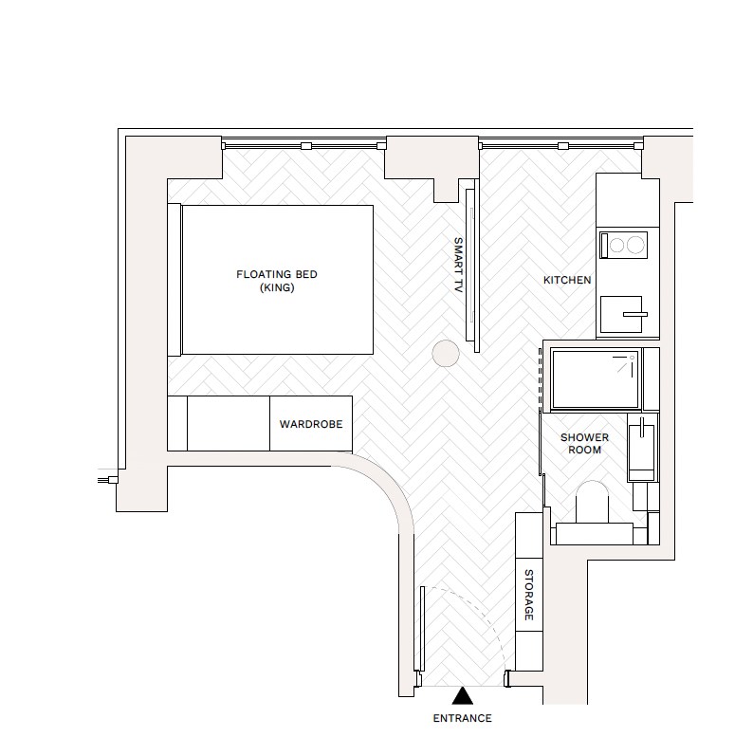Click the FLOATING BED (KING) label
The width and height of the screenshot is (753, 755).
[x=277, y=282]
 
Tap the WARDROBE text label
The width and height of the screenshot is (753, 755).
[x=311, y=424]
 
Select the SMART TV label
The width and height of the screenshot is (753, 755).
[x=458, y=264]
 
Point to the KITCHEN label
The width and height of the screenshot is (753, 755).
[x=567, y=281]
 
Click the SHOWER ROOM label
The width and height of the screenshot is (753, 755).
[x=584, y=443]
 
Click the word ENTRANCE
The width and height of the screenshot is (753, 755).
[x=463, y=718]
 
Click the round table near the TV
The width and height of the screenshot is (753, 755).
[x=445, y=354]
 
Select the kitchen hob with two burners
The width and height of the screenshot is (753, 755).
[x=623, y=246]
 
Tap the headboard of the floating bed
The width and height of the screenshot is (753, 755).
[x=174, y=280]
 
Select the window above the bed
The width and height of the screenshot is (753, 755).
[x=303, y=145]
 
